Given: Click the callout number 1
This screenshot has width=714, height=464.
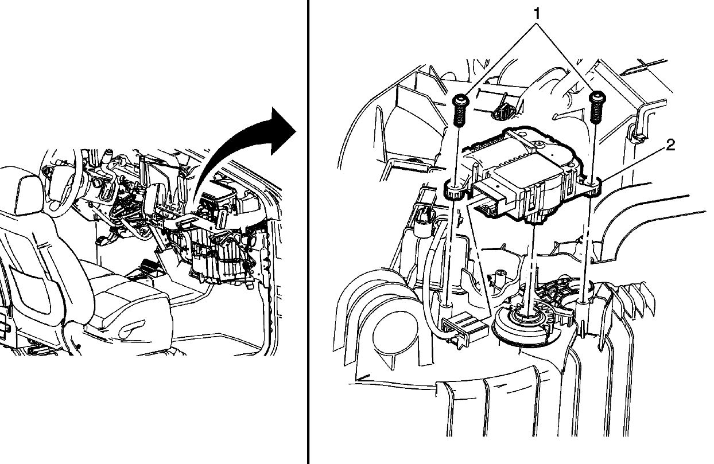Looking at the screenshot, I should coord(538,13).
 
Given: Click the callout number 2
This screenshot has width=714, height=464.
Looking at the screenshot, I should coord(670,146).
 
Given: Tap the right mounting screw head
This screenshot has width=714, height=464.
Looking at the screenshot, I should coord(597,96).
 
